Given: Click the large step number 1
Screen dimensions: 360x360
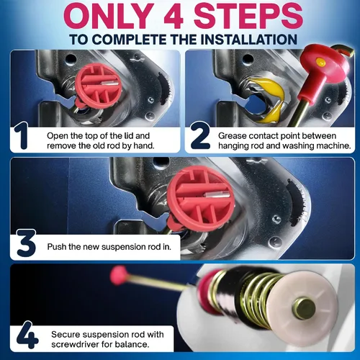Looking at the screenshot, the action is pyautogui.click(x=21, y=135).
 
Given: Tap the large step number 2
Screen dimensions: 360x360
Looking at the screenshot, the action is pyautogui.click(x=201, y=135).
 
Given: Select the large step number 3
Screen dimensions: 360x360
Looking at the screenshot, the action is pyautogui.click(x=27, y=243).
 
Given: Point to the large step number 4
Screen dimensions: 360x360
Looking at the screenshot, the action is pyautogui.click(x=27, y=335).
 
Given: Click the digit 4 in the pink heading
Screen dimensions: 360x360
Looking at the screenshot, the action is pyautogui.click(x=174, y=16).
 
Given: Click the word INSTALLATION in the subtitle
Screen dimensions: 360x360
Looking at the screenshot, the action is pyautogui.click(x=248, y=40).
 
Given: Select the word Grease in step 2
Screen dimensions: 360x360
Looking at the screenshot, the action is pyautogui.click(x=232, y=136).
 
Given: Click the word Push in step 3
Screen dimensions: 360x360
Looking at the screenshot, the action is pyautogui.click(x=57, y=247).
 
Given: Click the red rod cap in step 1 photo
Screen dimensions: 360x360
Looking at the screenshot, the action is pyautogui.click(x=98, y=86).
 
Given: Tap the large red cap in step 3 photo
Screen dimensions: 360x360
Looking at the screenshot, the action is pyautogui.click(x=201, y=199).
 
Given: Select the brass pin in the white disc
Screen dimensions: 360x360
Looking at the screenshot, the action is pyautogui.click(x=305, y=308).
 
